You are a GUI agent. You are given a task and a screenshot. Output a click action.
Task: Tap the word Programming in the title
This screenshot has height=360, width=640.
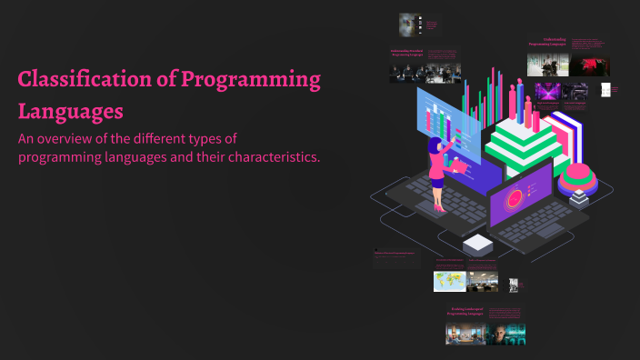click(250, 80)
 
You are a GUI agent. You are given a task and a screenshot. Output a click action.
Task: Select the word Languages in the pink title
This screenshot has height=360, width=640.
click(70, 113)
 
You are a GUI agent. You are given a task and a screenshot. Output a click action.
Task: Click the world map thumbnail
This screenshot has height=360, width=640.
click(450, 282)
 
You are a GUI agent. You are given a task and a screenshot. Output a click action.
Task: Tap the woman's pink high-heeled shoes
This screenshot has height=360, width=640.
click(440, 206)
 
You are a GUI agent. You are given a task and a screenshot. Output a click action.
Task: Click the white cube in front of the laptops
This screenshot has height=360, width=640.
click(476, 244)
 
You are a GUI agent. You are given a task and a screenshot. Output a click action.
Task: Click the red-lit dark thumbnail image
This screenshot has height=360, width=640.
click(590, 65)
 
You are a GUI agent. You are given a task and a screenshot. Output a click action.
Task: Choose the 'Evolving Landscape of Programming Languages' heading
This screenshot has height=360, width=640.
click(469, 312)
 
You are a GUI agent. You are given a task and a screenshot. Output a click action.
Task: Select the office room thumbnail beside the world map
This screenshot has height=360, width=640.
click(483, 282)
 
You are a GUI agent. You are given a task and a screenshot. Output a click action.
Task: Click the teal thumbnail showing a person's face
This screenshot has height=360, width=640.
click(505, 333)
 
